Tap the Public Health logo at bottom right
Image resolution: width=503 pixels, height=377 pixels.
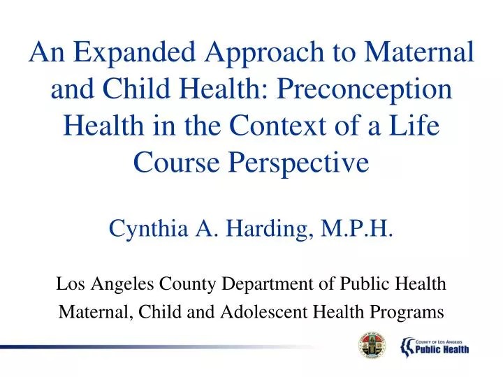[434, 345]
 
